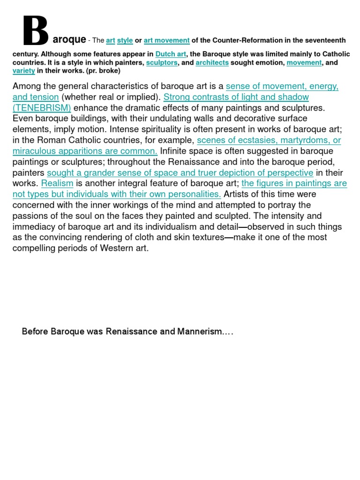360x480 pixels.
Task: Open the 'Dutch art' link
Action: [x=171, y=54]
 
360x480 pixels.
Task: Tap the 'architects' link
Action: [x=212, y=62]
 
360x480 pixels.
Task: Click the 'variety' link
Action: [x=23, y=71]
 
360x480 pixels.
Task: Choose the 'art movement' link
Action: [x=166, y=40]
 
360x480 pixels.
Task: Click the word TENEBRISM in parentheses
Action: [x=42, y=108]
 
